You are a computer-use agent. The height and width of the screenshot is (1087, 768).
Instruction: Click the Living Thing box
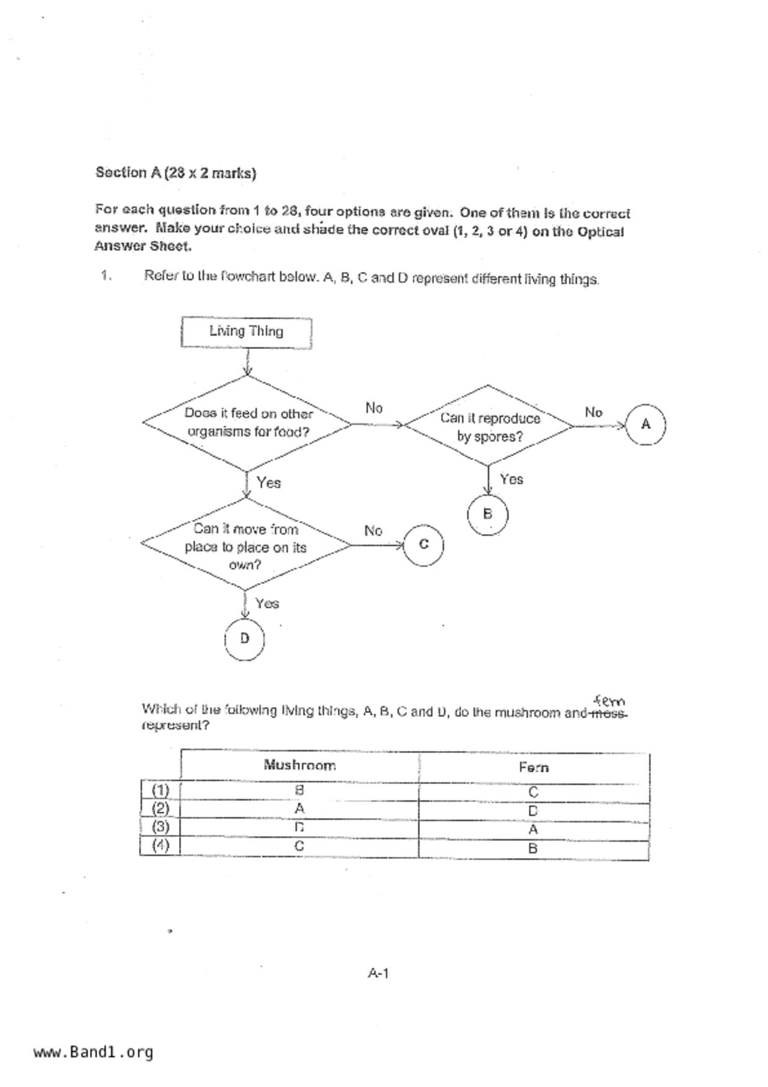[x=246, y=332]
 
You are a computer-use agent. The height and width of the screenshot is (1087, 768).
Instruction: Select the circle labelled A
[x=645, y=425]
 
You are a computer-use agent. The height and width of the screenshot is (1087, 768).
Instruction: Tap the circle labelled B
[x=487, y=514]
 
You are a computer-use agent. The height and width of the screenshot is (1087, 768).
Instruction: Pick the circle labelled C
[x=423, y=545]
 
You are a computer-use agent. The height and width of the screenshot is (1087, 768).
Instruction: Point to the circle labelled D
[x=244, y=638]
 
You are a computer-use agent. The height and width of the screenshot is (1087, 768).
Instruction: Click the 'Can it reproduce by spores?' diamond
[x=489, y=426]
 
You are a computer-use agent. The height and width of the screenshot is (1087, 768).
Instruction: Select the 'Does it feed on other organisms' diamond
[x=247, y=423]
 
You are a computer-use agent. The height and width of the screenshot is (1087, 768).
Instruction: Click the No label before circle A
[x=593, y=412]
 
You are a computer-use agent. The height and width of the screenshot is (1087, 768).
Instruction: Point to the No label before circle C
[x=373, y=531]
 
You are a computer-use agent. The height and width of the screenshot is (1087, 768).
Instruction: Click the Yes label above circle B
[x=511, y=479]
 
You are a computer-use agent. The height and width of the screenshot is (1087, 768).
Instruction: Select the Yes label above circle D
[x=267, y=603]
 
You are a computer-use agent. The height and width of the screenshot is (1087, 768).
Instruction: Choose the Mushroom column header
[x=300, y=765]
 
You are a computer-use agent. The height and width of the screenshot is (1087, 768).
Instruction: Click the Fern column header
[x=534, y=767]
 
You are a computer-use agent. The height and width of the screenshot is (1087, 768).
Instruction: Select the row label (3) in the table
[x=161, y=827]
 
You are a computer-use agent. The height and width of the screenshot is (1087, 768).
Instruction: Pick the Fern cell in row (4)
[x=533, y=848]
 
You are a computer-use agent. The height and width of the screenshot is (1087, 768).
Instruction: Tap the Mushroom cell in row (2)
[x=300, y=809]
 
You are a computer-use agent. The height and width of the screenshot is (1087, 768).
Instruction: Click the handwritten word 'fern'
[x=609, y=702]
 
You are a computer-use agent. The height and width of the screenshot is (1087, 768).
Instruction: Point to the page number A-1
[x=378, y=973]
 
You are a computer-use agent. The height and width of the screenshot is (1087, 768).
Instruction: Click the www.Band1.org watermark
[x=94, y=1052]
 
